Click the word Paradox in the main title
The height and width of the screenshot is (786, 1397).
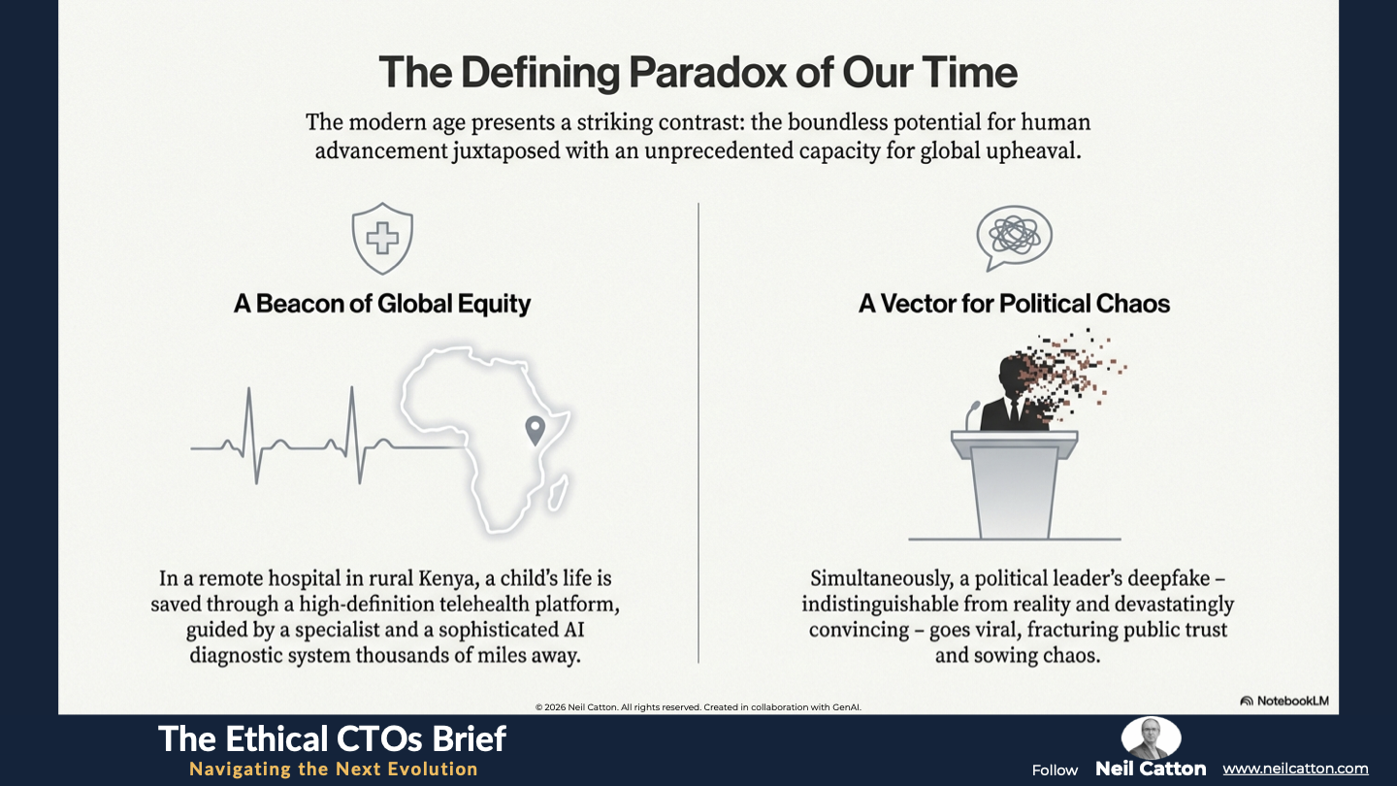pyautogui.click(x=707, y=73)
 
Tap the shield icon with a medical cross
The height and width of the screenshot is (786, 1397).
pyautogui.click(x=382, y=239)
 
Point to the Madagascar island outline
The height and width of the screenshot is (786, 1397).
pyautogui.click(x=558, y=493)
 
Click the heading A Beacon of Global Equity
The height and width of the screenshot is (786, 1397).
pyautogui.click(x=381, y=304)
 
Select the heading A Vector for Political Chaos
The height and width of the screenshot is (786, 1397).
pyautogui.click(x=1014, y=304)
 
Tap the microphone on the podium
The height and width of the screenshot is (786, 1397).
pyautogui.click(x=972, y=415)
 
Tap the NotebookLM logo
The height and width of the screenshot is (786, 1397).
pyautogui.click(x=1284, y=701)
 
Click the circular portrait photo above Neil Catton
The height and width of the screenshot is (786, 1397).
pyautogui.click(x=1151, y=737)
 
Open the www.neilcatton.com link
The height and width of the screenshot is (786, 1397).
pyautogui.click(x=1295, y=770)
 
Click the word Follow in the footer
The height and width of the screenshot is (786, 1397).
pyautogui.click(x=1055, y=770)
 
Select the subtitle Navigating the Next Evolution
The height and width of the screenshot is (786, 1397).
pyautogui.click(x=334, y=770)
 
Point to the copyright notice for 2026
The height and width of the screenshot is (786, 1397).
pyautogui.click(x=698, y=707)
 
